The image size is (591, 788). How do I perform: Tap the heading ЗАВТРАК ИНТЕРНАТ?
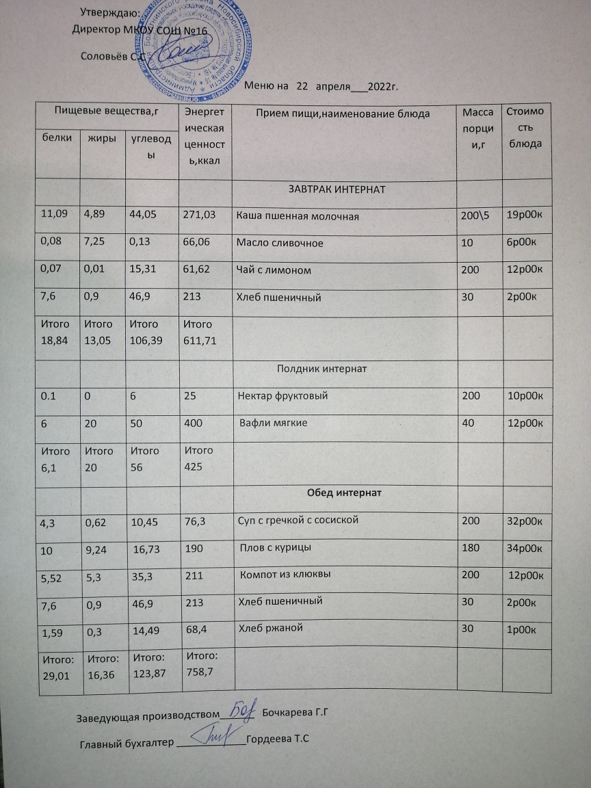coord(337,189)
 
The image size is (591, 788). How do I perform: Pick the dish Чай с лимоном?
coord(274,270)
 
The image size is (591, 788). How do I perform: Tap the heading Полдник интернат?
coord(321,369)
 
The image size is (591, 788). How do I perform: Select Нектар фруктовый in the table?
coord(283,396)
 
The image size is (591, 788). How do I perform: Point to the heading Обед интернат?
coord(344,492)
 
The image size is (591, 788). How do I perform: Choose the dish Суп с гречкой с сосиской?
coord(298,520)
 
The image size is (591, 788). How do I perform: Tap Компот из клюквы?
coord(286,575)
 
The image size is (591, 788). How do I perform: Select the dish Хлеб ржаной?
coord(270,628)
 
